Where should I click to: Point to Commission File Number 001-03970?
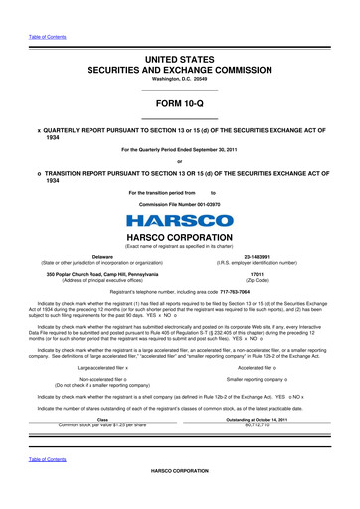point(179,203)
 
